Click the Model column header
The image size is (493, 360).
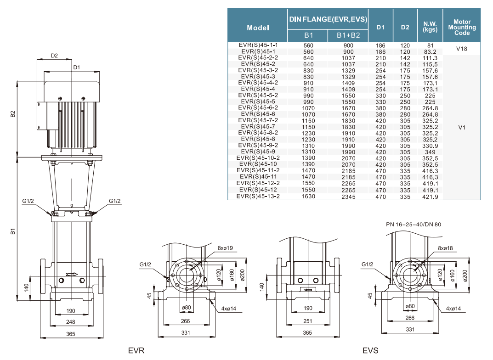click(258, 28)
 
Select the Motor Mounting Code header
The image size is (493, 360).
click(462, 27)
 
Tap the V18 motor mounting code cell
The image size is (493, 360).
click(462, 48)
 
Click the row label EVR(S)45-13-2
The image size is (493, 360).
click(258, 196)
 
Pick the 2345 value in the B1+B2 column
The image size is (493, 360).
click(348, 196)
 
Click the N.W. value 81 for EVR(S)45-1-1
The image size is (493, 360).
click(430, 45)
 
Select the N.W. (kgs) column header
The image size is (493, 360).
click(430, 27)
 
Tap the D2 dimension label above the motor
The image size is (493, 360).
click(54, 56)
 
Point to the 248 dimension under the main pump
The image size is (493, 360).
click(70, 322)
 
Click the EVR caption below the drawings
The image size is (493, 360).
click(136, 351)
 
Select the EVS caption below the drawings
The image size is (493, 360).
click(370, 351)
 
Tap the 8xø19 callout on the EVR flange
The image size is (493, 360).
click(226, 248)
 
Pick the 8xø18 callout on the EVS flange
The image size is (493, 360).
click(446, 248)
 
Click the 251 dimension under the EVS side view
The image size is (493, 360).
click(307, 321)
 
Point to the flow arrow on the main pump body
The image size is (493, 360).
click(71, 274)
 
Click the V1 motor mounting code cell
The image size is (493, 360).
click(462, 127)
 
